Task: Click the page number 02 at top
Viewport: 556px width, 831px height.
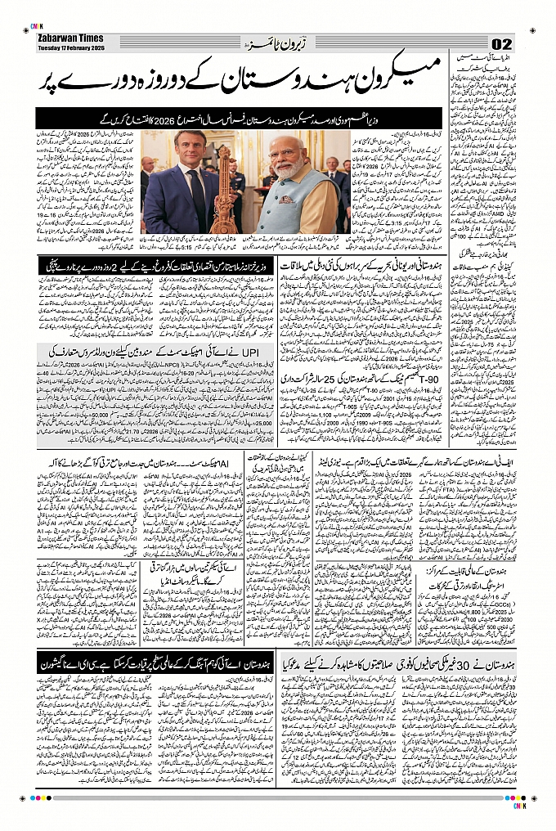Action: [500, 44]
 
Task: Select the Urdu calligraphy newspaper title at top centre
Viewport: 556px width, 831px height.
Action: [273, 43]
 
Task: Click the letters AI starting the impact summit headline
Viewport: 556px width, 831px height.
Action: [232, 465]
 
